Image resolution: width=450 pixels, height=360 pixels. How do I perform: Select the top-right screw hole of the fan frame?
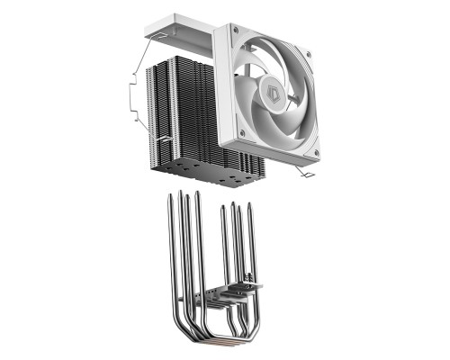tap(309, 54)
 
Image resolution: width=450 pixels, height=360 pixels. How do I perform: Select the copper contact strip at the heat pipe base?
tap(220, 346)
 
